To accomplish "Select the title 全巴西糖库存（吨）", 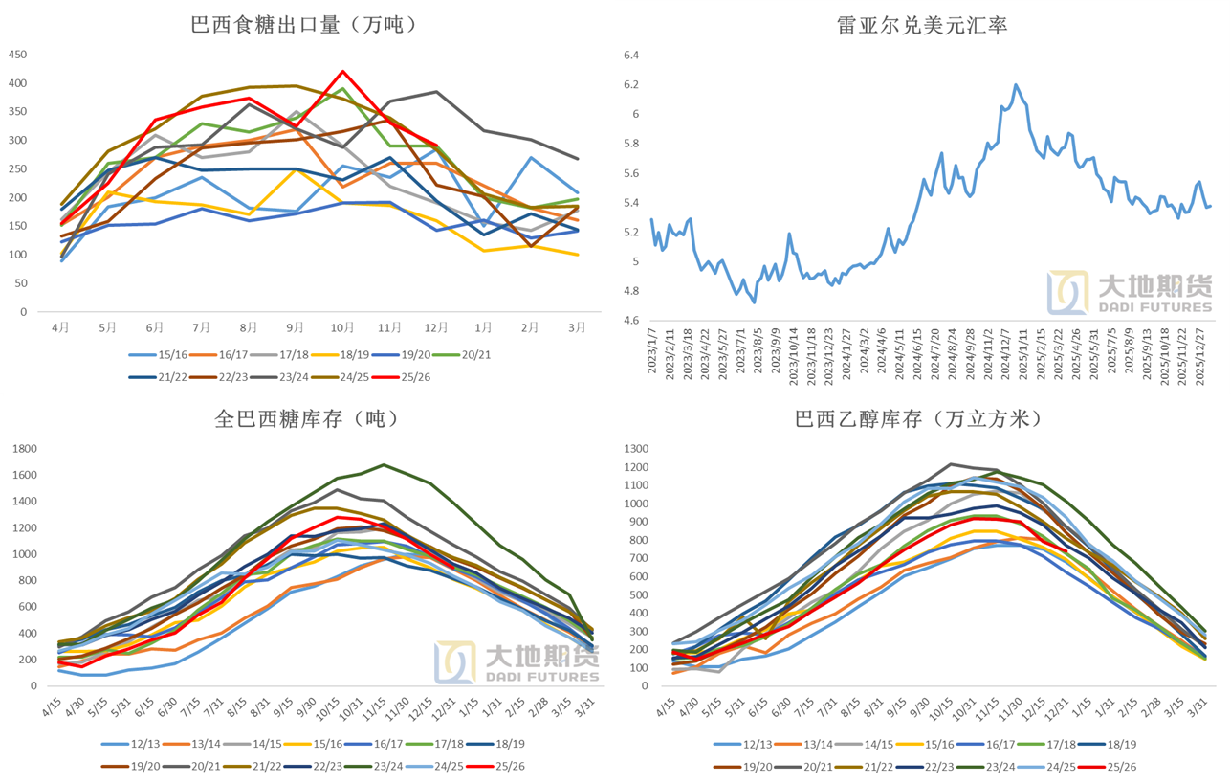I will pos(304,418).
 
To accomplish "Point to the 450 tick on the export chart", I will pos(17,55).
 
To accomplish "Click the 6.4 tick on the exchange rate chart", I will pos(630,56).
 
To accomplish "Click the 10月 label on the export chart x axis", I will pos(341,327).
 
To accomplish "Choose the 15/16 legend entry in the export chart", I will pos(159,354).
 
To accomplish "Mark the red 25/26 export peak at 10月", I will pos(342,71).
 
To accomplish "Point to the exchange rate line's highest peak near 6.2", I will pos(1016,84).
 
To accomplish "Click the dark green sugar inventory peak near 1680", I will pos(384,465).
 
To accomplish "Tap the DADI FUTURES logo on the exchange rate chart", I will pos(1130,293).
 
